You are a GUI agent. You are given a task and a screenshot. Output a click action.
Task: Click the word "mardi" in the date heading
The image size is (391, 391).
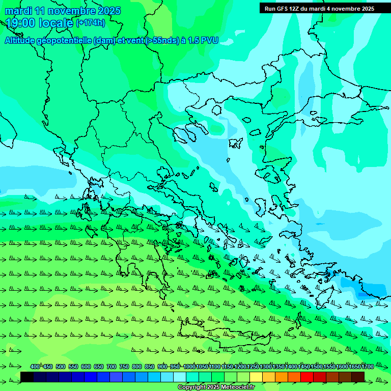pos(19,11)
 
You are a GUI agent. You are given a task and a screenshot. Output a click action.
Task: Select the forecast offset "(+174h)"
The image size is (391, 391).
pos(91,23)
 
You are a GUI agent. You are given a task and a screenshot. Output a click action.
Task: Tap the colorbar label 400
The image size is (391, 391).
pos(35,367)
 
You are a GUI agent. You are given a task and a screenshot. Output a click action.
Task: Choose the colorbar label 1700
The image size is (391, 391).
pos(368,367)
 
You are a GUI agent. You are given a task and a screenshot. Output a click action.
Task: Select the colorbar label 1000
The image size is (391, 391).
pos(189,367)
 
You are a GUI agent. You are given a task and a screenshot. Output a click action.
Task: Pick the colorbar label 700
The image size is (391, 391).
pos(111,367)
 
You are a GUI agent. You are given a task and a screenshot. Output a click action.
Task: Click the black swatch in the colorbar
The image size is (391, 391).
pos(27,377)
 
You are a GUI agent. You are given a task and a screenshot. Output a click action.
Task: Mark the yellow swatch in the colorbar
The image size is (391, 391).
pos(256,377)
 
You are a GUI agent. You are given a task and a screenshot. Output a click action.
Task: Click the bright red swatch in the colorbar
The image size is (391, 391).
pos(307,377)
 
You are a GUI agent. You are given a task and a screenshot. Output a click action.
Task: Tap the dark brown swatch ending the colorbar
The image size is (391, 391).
pos(358,377)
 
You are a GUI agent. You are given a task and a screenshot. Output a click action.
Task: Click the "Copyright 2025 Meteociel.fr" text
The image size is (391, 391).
pos(216,387)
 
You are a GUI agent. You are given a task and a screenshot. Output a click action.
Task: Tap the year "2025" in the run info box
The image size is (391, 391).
pos(365,9)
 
